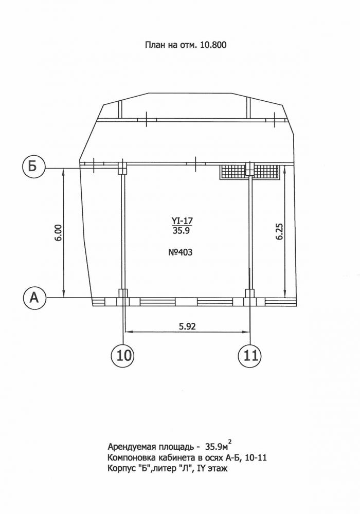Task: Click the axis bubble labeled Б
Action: (x=32, y=167)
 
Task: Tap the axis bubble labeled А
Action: (x=34, y=298)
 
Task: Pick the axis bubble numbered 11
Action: (x=250, y=355)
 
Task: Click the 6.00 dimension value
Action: (x=58, y=233)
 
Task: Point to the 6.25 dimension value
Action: (x=279, y=232)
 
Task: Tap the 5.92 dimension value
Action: (x=187, y=326)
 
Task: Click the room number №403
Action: (x=180, y=252)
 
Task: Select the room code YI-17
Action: (x=182, y=221)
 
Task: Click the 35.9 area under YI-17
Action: (x=182, y=230)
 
